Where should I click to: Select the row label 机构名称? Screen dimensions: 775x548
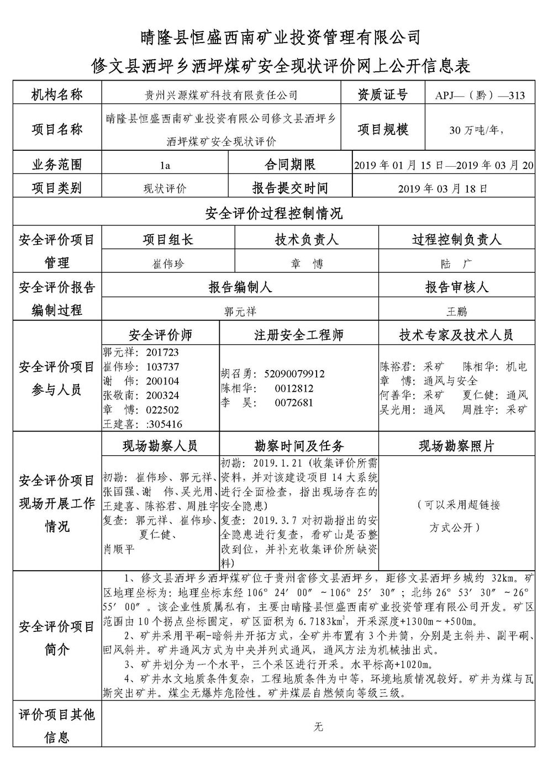point(56,94)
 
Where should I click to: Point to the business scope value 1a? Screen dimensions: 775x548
point(165,165)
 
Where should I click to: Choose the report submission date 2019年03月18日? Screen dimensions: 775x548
point(444,188)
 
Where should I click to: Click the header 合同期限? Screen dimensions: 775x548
point(290,165)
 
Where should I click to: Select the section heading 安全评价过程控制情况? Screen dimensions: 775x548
point(274,213)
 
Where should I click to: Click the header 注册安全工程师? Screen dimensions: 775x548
point(299,335)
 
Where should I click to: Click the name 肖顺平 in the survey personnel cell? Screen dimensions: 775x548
point(119,549)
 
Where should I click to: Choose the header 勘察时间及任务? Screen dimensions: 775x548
point(299,445)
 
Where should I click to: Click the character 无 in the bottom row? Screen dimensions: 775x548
point(318,727)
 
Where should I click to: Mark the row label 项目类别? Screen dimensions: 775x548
point(56,188)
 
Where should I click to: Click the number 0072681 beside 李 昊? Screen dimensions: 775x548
point(294,403)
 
